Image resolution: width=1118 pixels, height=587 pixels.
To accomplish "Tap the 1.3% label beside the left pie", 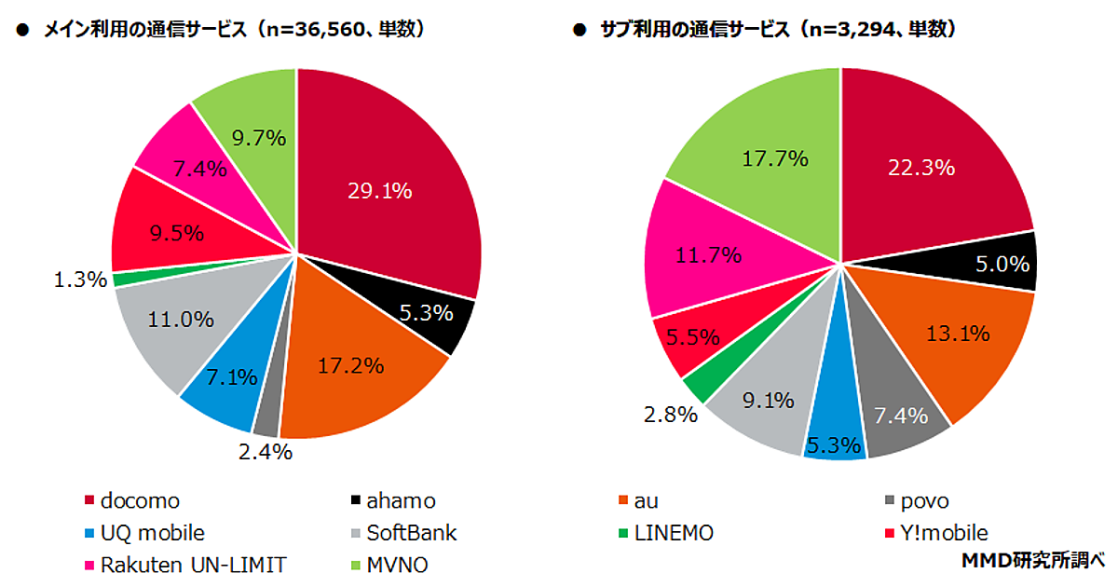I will [x=80, y=279].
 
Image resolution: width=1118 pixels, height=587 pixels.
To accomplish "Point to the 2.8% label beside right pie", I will [x=673, y=414].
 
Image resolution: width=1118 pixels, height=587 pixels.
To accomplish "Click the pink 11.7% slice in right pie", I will [x=703, y=253].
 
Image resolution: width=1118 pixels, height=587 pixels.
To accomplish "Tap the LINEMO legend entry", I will [x=672, y=533].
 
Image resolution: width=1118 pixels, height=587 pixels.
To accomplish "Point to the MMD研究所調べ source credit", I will [x=1031, y=562].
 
